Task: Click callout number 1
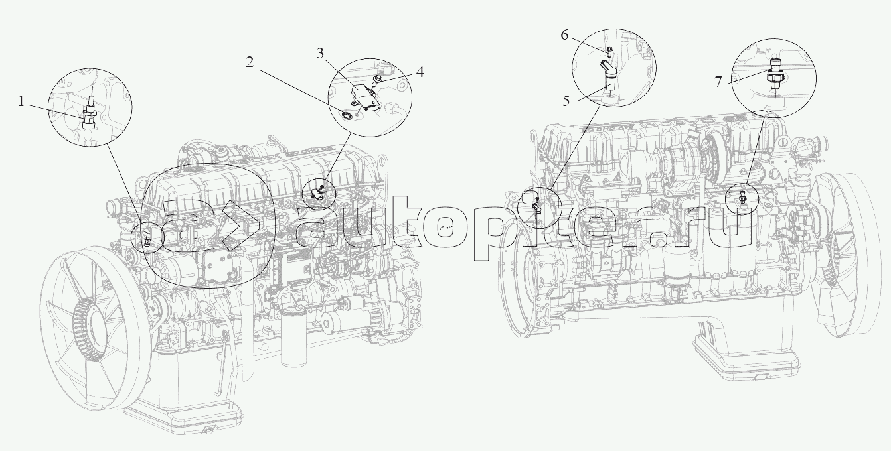[21, 102]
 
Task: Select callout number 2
[250, 62]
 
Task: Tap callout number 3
[320, 54]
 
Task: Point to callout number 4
[420, 72]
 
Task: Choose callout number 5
[566, 101]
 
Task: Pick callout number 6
[565, 35]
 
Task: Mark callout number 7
[718, 82]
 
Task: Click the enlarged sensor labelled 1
[90, 113]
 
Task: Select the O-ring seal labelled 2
[347, 115]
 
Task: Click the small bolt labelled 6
[609, 51]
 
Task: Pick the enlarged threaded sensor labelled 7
[774, 74]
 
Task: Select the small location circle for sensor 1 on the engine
[148, 237]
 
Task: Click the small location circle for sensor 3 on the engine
[318, 194]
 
